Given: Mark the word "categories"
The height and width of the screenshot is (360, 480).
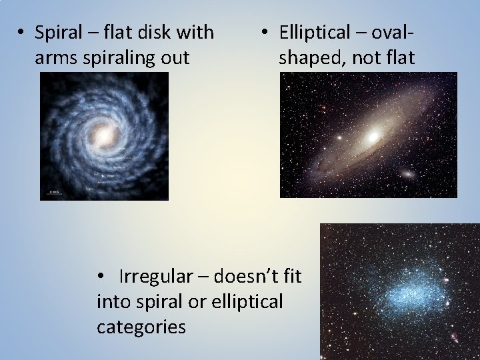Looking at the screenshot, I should click(141, 327).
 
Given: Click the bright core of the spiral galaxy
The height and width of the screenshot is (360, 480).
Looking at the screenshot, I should click(103, 137).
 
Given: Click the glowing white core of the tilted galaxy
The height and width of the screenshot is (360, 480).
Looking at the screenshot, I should click(373, 137).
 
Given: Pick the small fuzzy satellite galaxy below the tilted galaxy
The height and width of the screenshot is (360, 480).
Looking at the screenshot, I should click(406, 175).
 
